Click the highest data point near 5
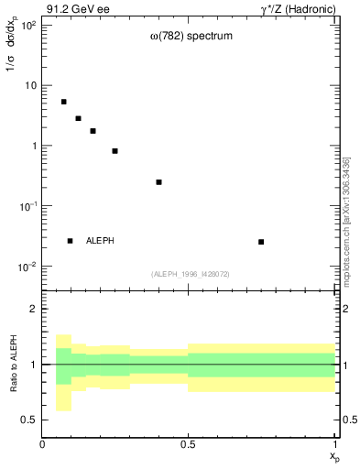(64, 102)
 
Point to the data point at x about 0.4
(159, 182)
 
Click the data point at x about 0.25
(115, 151)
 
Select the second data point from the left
(79, 118)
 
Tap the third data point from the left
(93, 131)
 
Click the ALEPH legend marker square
(71, 241)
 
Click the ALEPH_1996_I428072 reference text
(190, 274)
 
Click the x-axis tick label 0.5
(189, 444)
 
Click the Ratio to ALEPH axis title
(13, 364)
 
